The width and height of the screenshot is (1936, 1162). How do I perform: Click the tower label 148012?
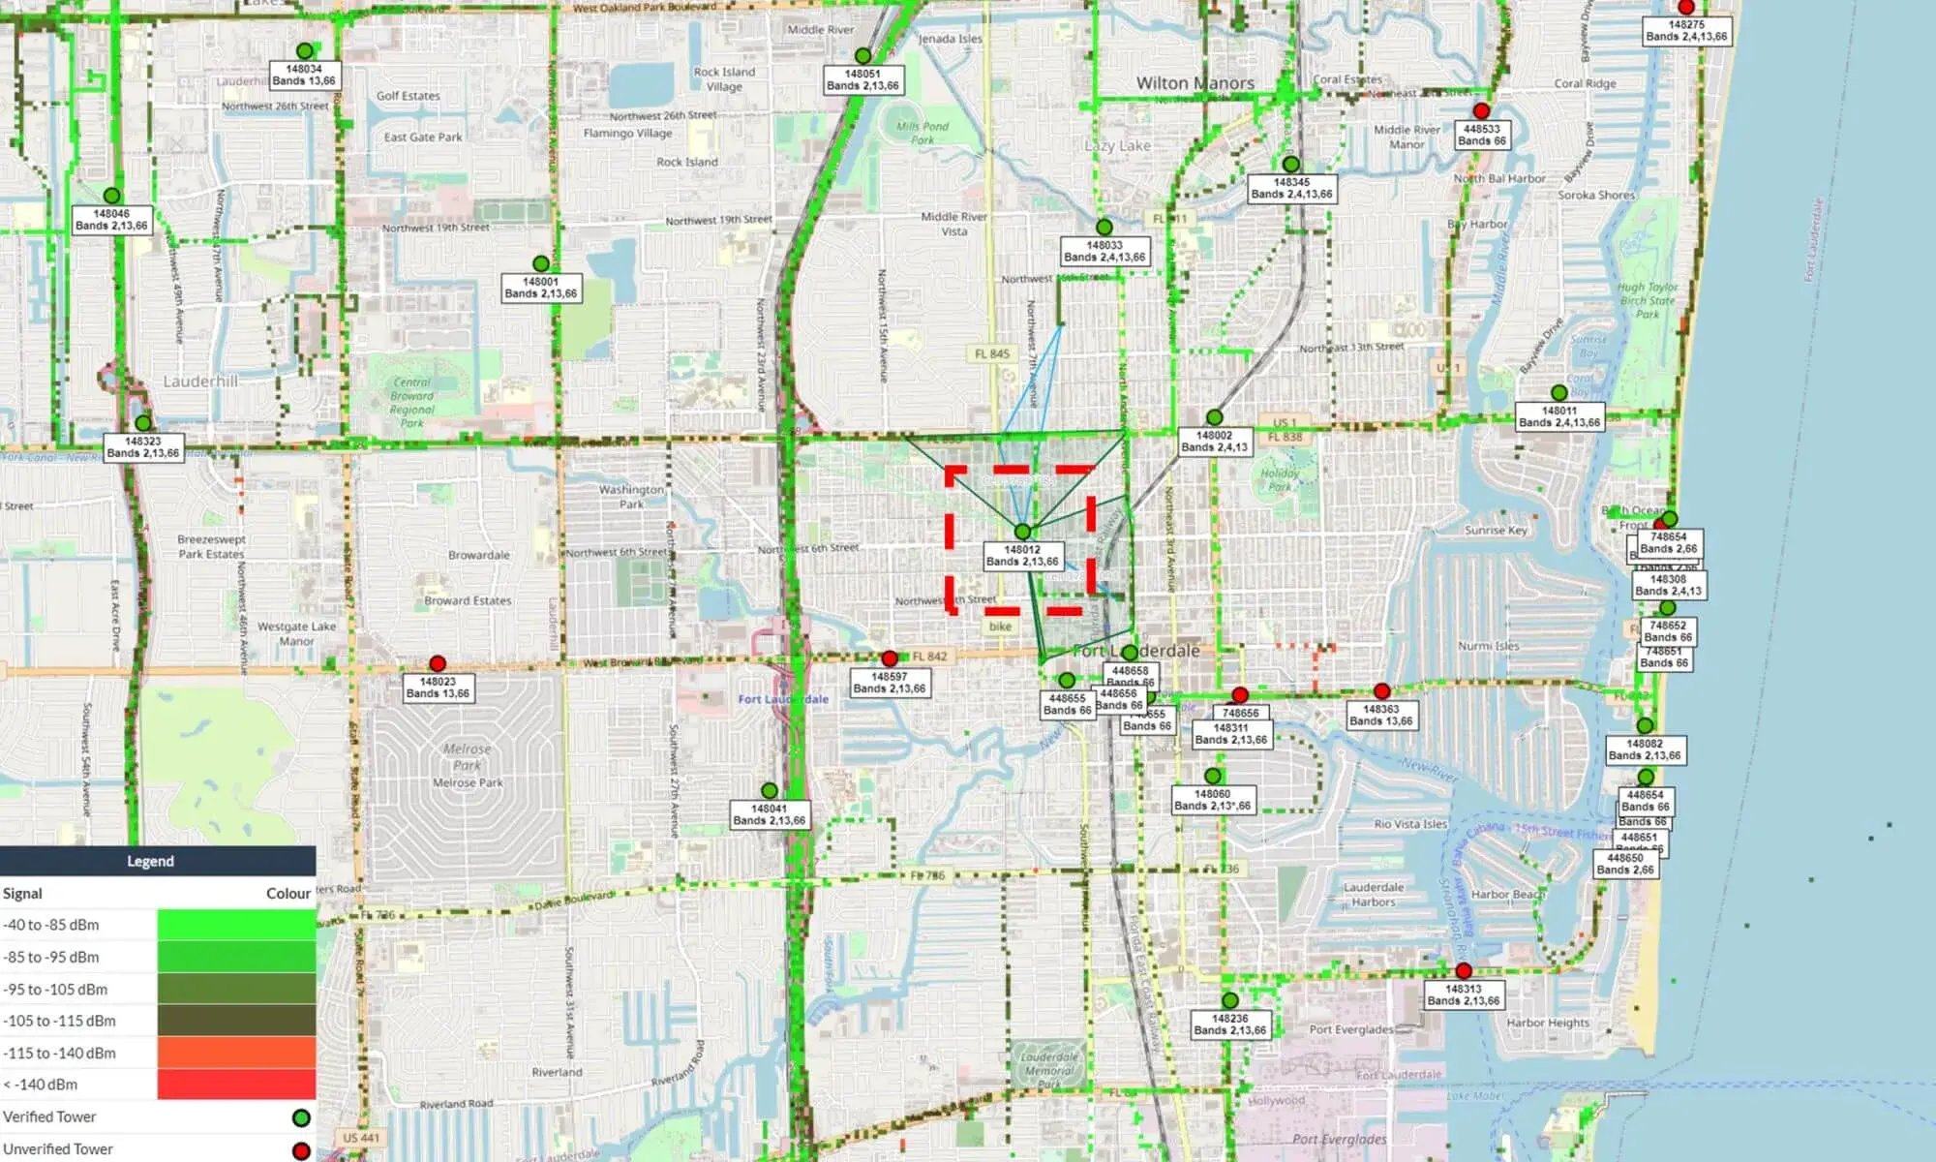(x=1022, y=556)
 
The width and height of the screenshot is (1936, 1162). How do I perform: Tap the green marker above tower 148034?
(x=305, y=51)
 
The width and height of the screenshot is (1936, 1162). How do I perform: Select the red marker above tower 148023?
(x=438, y=663)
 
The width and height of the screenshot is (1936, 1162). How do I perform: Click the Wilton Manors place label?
(x=1195, y=83)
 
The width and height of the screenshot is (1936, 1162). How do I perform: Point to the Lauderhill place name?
(x=200, y=382)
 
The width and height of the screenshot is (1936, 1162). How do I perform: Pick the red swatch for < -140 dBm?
(x=236, y=1085)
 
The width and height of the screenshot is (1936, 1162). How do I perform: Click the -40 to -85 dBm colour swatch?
(x=236, y=925)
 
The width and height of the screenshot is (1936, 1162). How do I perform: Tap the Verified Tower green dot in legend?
(x=301, y=1118)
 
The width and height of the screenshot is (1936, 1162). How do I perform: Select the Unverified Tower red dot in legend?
(x=301, y=1150)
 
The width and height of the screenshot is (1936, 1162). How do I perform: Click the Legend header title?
(x=150, y=861)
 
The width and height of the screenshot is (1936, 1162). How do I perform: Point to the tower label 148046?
(x=111, y=220)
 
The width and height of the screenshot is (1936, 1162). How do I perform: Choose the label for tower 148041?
(x=770, y=814)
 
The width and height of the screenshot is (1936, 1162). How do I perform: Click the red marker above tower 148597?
(x=890, y=658)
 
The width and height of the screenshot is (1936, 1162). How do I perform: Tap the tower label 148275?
(x=1686, y=31)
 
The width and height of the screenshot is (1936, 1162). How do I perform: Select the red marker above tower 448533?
(x=1481, y=111)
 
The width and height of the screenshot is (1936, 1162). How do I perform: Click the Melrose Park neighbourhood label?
(x=468, y=782)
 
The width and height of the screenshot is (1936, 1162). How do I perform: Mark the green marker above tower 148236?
(x=1229, y=1000)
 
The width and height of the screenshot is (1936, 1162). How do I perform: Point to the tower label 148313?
(x=1464, y=995)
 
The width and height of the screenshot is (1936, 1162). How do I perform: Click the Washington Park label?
(x=631, y=497)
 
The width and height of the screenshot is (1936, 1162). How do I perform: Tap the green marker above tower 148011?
(x=1558, y=393)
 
